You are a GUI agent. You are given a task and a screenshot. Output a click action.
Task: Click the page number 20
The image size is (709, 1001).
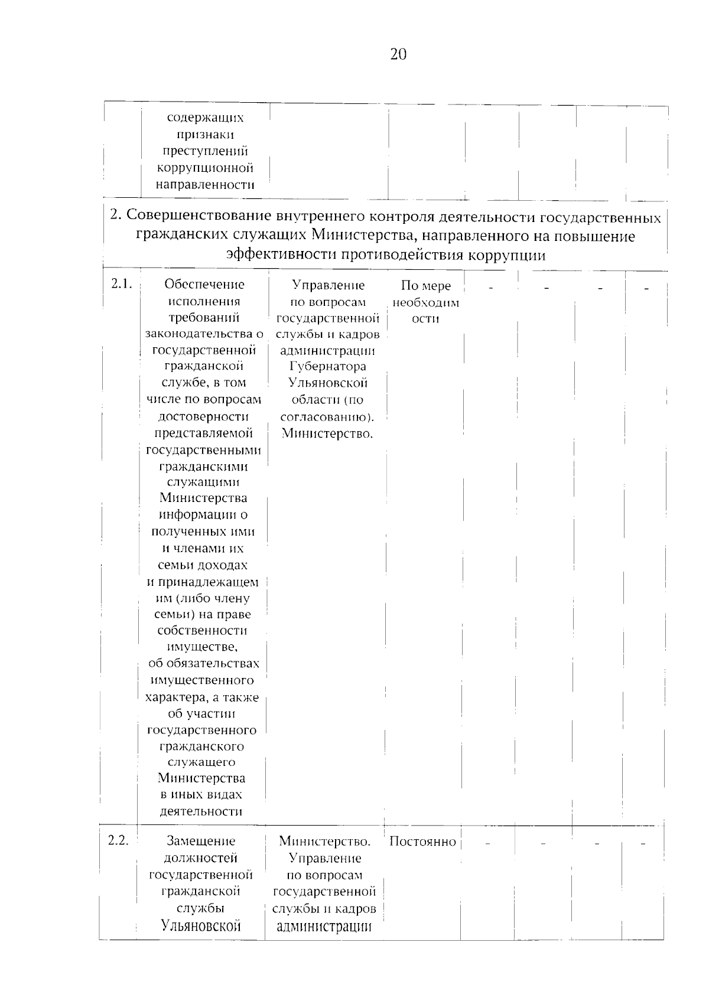398,54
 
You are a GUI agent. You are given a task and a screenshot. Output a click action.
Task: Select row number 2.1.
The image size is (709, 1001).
121,284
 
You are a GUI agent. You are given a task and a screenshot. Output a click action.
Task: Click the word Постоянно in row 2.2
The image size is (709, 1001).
422,842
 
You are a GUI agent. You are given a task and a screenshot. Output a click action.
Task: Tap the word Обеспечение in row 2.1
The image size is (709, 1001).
204,285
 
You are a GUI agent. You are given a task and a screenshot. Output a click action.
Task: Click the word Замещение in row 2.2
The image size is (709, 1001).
201,841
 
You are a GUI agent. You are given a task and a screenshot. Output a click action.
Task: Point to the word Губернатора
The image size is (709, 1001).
328,367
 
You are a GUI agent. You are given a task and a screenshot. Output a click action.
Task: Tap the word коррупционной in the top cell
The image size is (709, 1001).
205,168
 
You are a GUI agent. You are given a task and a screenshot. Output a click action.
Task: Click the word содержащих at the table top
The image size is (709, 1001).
205,118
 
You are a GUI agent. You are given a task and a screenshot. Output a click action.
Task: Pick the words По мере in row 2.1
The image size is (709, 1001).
425,286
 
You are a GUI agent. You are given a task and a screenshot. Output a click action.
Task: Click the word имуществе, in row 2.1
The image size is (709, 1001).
203,647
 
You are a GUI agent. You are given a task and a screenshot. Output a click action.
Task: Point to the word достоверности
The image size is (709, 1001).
203,417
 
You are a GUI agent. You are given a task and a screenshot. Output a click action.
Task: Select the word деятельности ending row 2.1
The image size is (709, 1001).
201,812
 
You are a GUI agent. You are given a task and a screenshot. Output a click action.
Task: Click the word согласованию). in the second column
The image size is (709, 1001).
327,417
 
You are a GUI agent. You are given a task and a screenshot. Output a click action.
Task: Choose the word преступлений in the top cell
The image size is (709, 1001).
205,152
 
